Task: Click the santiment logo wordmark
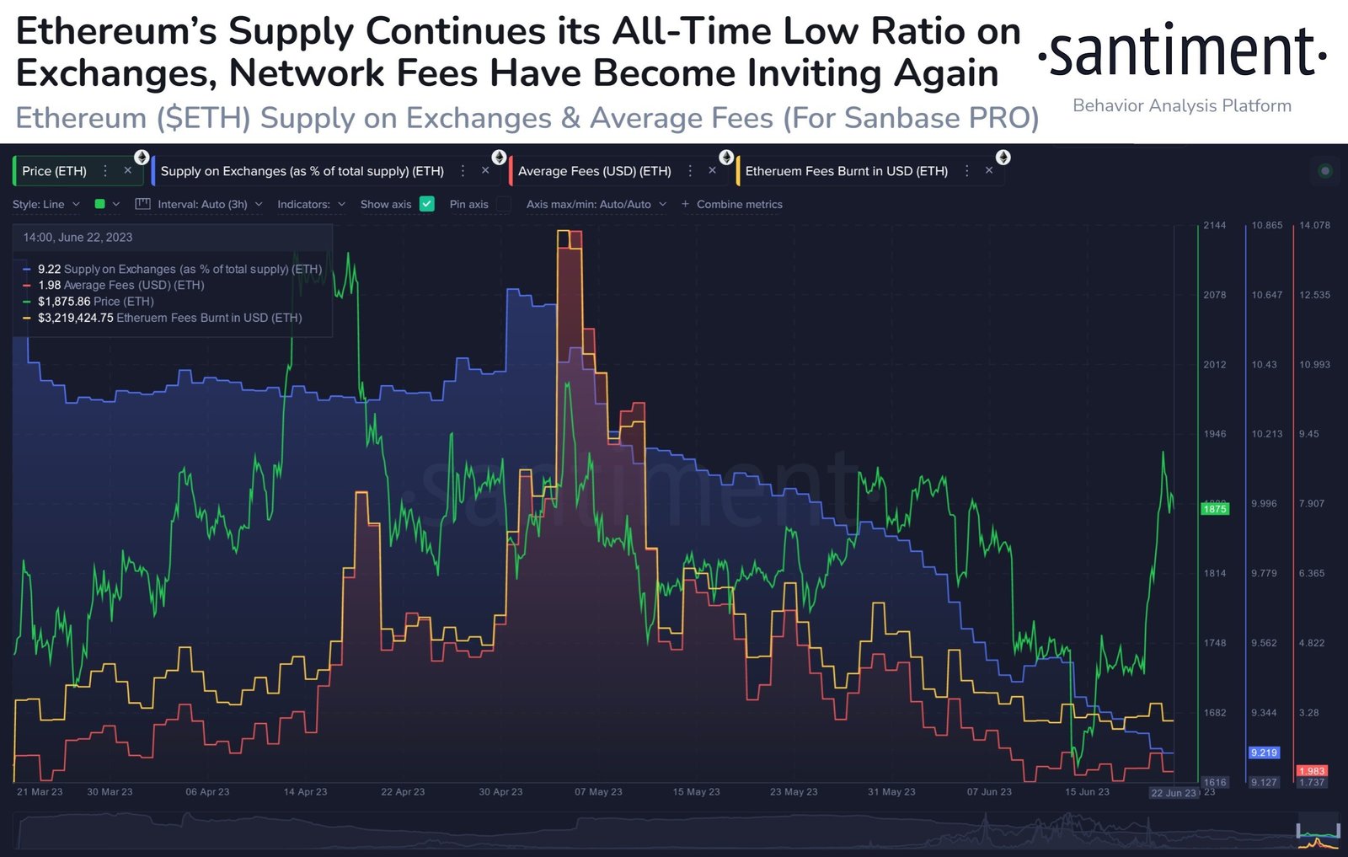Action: coord(1182,52)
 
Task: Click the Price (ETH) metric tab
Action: coord(54,171)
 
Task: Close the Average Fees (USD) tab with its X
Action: coord(712,170)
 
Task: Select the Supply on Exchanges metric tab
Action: coord(302,171)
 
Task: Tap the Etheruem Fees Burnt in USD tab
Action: coord(846,171)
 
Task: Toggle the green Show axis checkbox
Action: coord(427,204)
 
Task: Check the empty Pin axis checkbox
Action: coord(504,204)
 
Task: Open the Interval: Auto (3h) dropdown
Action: coord(202,204)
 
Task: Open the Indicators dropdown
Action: coord(311,204)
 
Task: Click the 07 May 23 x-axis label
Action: coord(598,792)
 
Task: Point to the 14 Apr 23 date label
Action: coord(305,792)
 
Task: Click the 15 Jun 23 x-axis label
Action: coord(1087,792)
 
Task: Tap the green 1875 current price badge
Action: coord(1214,509)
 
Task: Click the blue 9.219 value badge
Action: coord(1264,753)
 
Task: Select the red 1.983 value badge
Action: coord(1312,771)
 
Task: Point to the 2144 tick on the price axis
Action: coord(1215,226)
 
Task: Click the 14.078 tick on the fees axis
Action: coord(1314,226)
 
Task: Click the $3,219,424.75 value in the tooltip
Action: coord(76,318)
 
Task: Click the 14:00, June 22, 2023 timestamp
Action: coord(78,238)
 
